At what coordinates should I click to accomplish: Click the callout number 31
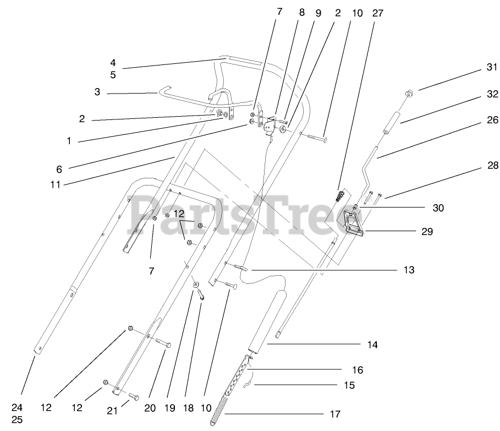(x=491, y=68)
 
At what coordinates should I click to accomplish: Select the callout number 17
(x=335, y=414)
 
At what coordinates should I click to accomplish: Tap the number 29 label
(x=427, y=232)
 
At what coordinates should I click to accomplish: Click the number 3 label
(x=97, y=92)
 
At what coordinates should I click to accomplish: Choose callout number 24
(x=17, y=408)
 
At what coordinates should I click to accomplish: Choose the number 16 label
(x=357, y=370)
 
